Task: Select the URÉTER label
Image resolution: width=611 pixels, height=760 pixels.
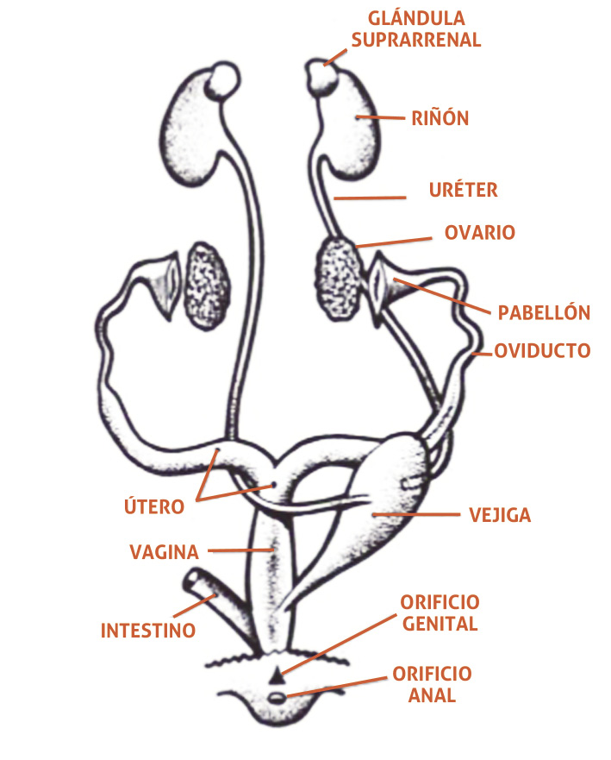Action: click(463, 190)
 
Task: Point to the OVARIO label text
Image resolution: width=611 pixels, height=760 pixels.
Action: click(479, 233)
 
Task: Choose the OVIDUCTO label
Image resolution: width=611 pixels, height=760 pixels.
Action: click(542, 350)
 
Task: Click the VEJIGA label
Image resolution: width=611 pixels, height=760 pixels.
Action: click(500, 516)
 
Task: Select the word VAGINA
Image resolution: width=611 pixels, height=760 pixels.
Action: click(164, 551)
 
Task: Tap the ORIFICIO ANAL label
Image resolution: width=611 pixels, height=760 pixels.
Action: click(432, 683)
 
